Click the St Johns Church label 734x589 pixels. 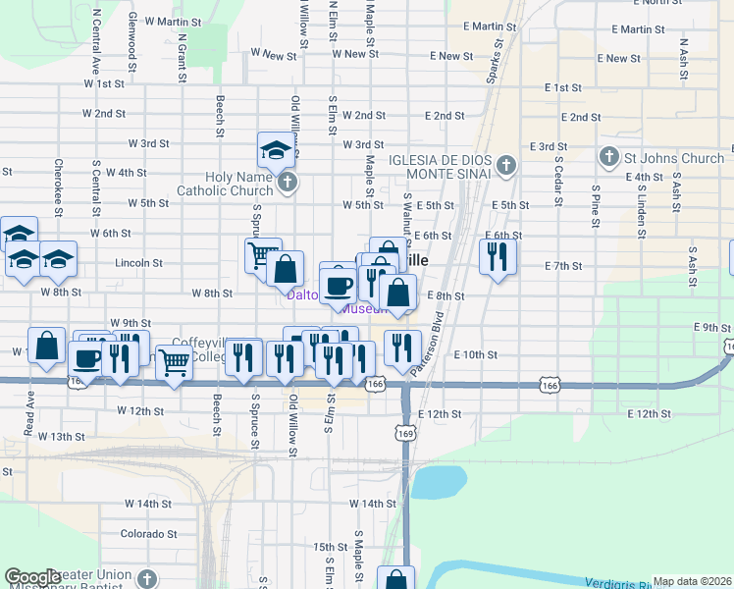coord(675,157)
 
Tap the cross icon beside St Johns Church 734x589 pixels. coord(608,157)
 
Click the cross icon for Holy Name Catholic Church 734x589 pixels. coord(287,182)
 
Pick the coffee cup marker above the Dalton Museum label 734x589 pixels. coord(339,285)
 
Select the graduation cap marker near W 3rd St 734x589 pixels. coord(276,150)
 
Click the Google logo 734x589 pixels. coord(31,577)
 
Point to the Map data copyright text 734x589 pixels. coord(692,581)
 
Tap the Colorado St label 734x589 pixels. coord(148,534)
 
